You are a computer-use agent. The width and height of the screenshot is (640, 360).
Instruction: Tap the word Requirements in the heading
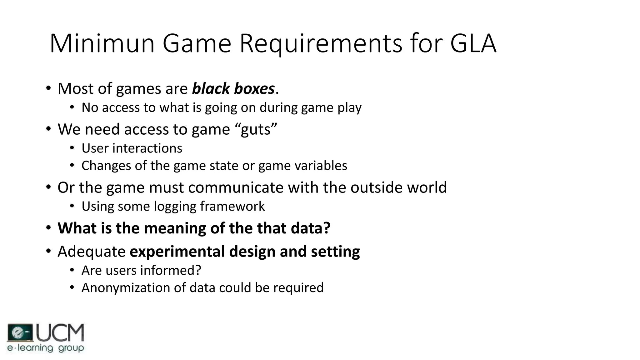pos(321,44)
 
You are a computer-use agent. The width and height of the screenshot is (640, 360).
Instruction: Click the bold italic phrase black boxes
pos(233,88)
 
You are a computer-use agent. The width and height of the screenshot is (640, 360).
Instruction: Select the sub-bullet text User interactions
pos(132,148)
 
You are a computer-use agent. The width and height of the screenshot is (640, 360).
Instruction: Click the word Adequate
pos(92,252)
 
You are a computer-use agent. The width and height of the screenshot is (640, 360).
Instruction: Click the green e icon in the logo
pos(19,333)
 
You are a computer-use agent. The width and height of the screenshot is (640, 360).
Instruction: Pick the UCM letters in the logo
pos(60,332)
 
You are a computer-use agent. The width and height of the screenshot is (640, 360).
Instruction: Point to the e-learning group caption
pos(46,348)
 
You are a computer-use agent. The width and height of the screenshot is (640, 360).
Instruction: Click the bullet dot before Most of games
pos(48,88)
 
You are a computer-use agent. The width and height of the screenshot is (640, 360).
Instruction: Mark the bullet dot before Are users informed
pos(72,270)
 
